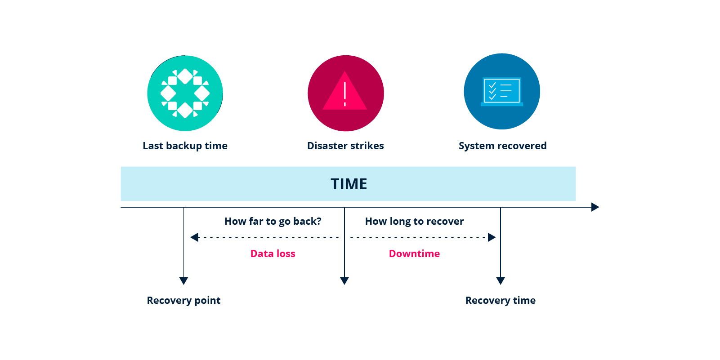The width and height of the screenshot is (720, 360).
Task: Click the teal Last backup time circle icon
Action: (185, 93)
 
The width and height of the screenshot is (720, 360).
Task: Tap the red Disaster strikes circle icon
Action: (345, 93)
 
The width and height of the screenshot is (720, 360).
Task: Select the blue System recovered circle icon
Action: (502, 91)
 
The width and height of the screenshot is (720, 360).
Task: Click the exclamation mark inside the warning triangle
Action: (345, 94)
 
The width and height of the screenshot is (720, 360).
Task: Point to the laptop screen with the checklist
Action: (502, 90)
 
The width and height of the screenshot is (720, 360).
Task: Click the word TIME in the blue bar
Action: (349, 184)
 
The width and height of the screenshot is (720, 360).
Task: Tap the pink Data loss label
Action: (273, 253)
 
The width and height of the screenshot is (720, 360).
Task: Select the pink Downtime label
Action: (414, 253)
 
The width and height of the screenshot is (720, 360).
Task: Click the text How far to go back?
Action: (273, 221)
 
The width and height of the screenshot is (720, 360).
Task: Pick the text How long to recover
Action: (414, 221)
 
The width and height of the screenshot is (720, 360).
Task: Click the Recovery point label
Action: (183, 300)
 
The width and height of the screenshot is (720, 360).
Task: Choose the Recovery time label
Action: (500, 300)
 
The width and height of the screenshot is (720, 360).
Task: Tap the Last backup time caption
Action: (185, 146)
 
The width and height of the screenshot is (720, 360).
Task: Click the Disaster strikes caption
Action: (345, 146)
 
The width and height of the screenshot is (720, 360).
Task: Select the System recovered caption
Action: (502, 146)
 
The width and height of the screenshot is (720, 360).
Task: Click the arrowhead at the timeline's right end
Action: (595, 207)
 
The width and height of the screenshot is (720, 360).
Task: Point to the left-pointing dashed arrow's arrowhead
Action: (195, 237)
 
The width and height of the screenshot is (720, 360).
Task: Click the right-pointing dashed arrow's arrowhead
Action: (492, 237)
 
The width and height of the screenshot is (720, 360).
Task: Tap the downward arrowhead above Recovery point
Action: (183, 280)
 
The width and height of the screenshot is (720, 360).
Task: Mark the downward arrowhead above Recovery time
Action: (501, 280)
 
